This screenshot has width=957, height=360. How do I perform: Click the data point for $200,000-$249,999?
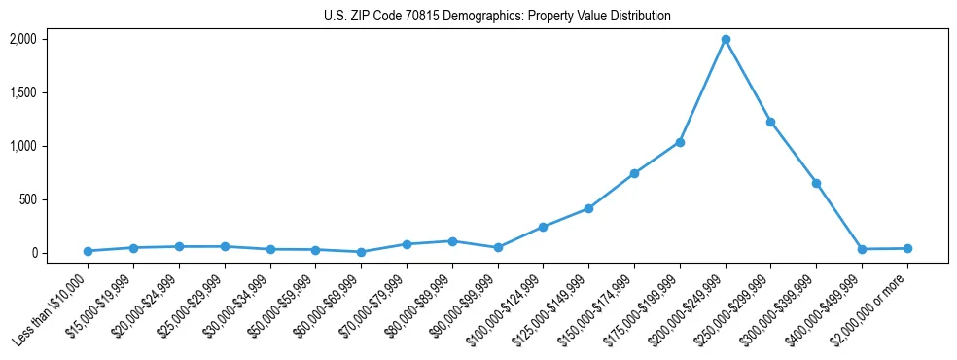pos(726,39)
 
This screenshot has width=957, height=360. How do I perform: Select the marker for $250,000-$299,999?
pos(770,122)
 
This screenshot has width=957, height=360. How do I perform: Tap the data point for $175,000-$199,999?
pos(680,142)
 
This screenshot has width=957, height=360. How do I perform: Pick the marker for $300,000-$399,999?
pos(816,183)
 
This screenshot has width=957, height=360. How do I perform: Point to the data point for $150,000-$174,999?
pos(634,173)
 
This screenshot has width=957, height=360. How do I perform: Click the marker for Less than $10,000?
pos(88,251)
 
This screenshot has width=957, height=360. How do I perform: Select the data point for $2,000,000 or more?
pos(907,248)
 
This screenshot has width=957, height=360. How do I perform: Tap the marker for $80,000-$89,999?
pos(452,240)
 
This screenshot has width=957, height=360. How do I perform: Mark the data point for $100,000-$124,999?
pos(543,227)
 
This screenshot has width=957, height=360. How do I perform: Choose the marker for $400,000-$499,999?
pos(862,249)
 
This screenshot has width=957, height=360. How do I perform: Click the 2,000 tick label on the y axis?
pos(22,39)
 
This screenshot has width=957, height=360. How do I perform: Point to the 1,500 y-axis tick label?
pos(22,92)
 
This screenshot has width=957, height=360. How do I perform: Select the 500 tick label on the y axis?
pos(27,199)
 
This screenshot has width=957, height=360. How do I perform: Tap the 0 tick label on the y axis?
pos(32,253)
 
